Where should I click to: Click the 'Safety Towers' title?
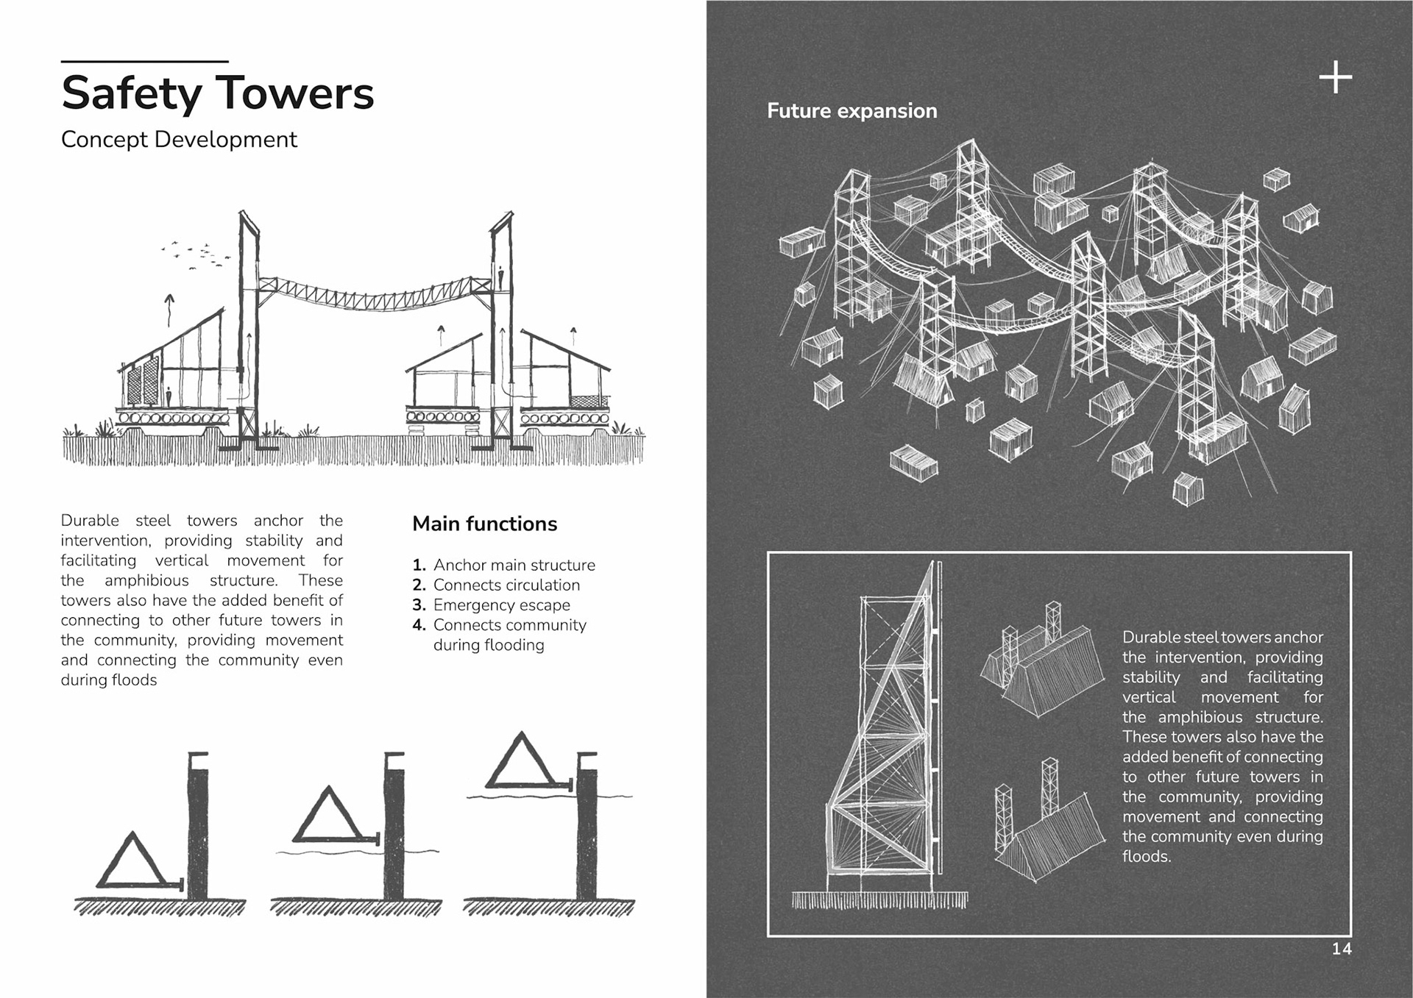(x=217, y=93)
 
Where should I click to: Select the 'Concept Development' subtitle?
(x=179, y=140)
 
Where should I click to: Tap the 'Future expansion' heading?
(x=851, y=111)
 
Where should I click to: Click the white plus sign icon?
(x=1335, y=77)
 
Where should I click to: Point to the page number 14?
(x=1341, y=949)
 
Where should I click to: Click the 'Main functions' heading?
(x=484, y=524)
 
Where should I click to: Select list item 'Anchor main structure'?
(x=514, y=565)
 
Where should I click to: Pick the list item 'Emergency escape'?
(x=501, y=605)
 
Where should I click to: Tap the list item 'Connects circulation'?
(x=506, y=585)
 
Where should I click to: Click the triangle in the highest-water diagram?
(x=522, y=761)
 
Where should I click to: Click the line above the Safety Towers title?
(x=144, y=61)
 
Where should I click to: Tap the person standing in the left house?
(x=169, y=396)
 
